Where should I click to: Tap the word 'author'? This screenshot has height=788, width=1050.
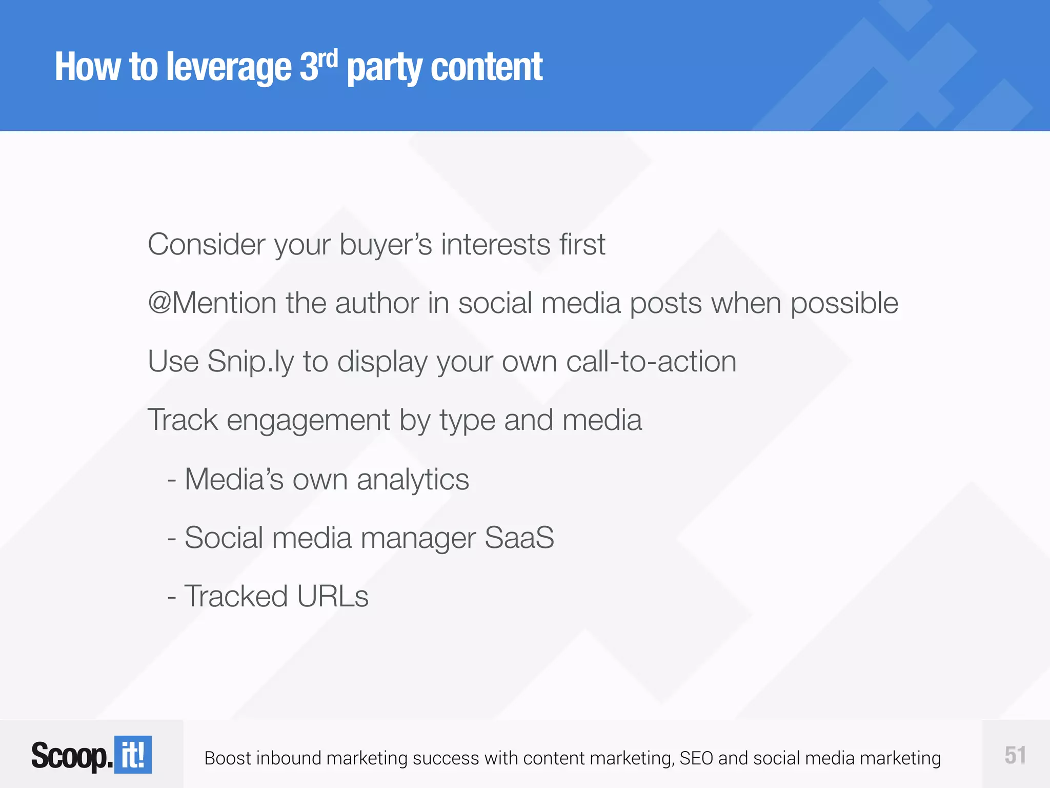(377, 303)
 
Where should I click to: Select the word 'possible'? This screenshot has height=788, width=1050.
(844, 304)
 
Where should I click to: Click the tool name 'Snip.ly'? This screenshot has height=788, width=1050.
(251, 362)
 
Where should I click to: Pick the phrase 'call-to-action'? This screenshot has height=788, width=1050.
(651, 361)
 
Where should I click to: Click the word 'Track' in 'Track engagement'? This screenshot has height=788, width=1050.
(183, 420)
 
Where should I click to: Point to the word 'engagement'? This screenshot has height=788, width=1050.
(308, 421)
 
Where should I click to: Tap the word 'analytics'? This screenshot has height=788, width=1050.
(413, 480)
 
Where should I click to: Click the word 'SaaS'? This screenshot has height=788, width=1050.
(519, 538)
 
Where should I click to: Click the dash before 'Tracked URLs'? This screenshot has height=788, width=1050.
(172, 597)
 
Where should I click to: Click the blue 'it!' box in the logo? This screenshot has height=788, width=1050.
(133, 755)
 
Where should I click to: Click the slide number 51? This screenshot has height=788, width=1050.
(1015, 755)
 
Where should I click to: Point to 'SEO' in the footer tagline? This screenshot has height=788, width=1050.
(696, 758)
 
